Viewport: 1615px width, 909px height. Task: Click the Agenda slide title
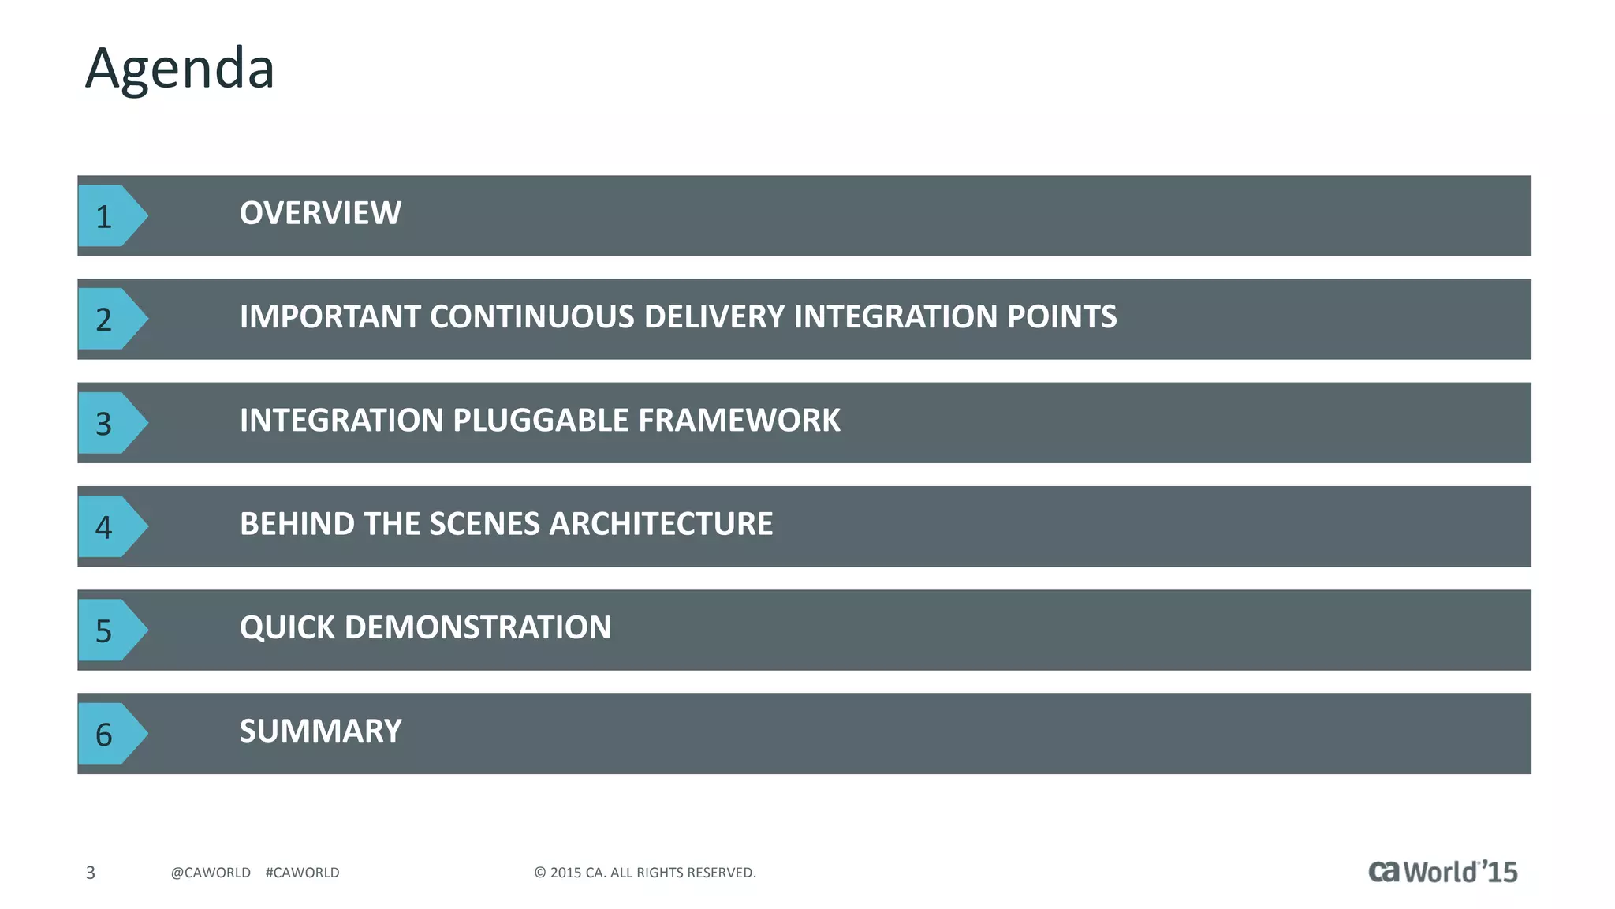click(x=180, y=69)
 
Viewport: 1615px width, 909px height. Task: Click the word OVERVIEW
click(x=320, y=213)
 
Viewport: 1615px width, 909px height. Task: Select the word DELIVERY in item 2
click(x=714, y=317)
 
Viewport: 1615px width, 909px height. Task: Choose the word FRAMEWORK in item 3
click(x=739, y=421)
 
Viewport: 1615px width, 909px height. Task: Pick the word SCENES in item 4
click(x=484, y=524)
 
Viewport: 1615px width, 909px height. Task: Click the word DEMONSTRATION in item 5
click(x=477, y=628)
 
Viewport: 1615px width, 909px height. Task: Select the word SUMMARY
click(x=320, y=731)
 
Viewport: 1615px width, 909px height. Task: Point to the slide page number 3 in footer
click(x=91, y=873)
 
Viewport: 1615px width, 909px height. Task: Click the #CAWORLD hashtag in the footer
click(x=302, y=873)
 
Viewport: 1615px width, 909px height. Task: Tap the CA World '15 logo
click(x=1442, y=871)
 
